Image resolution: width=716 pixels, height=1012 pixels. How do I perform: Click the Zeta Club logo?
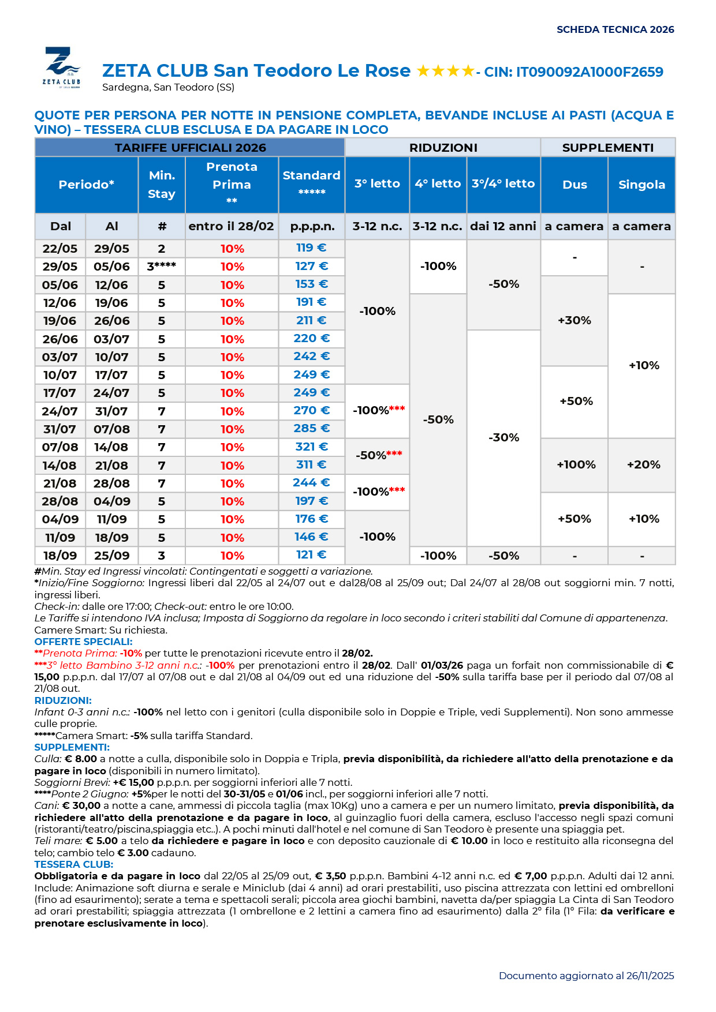click(x=61, y=66)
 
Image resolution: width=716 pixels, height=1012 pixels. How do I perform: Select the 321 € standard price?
click(x=312, y=447)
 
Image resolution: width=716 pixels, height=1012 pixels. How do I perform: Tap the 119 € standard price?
click(x=311, y=248)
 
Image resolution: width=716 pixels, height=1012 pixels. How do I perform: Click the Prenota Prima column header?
click(x=232, y=184)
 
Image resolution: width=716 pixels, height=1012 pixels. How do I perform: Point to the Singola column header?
click(x=642, y=185)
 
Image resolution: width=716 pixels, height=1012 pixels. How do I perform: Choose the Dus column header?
click(x=575, y=185)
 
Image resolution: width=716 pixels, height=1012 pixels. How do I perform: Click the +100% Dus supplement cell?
click(x=576, y=464)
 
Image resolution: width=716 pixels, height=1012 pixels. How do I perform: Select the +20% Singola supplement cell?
click(x=643, y=464)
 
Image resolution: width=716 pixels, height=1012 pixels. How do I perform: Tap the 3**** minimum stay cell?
click(x=161, y=266)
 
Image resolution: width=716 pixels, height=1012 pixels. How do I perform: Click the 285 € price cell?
click(x=312, y=428)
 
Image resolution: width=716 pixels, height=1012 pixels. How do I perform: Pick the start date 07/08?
click(x=60, y=447)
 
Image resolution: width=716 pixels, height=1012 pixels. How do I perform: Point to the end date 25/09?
click(x=111, y=556)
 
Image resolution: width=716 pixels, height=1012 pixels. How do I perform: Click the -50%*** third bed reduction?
click(x=379, y=455)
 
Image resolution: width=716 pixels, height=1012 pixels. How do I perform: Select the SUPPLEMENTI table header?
click(x=607, y=148)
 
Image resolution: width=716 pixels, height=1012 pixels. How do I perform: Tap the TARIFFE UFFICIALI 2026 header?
click(x=190, y=148)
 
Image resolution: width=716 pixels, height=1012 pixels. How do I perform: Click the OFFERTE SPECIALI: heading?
click(x=83, y=642)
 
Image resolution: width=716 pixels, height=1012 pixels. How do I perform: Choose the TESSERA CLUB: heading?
click(x=73, y=864)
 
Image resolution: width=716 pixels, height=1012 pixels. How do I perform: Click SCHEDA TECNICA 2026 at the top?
click(x=615, y=29)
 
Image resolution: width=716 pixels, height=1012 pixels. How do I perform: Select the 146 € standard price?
click(x=312, y=537)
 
